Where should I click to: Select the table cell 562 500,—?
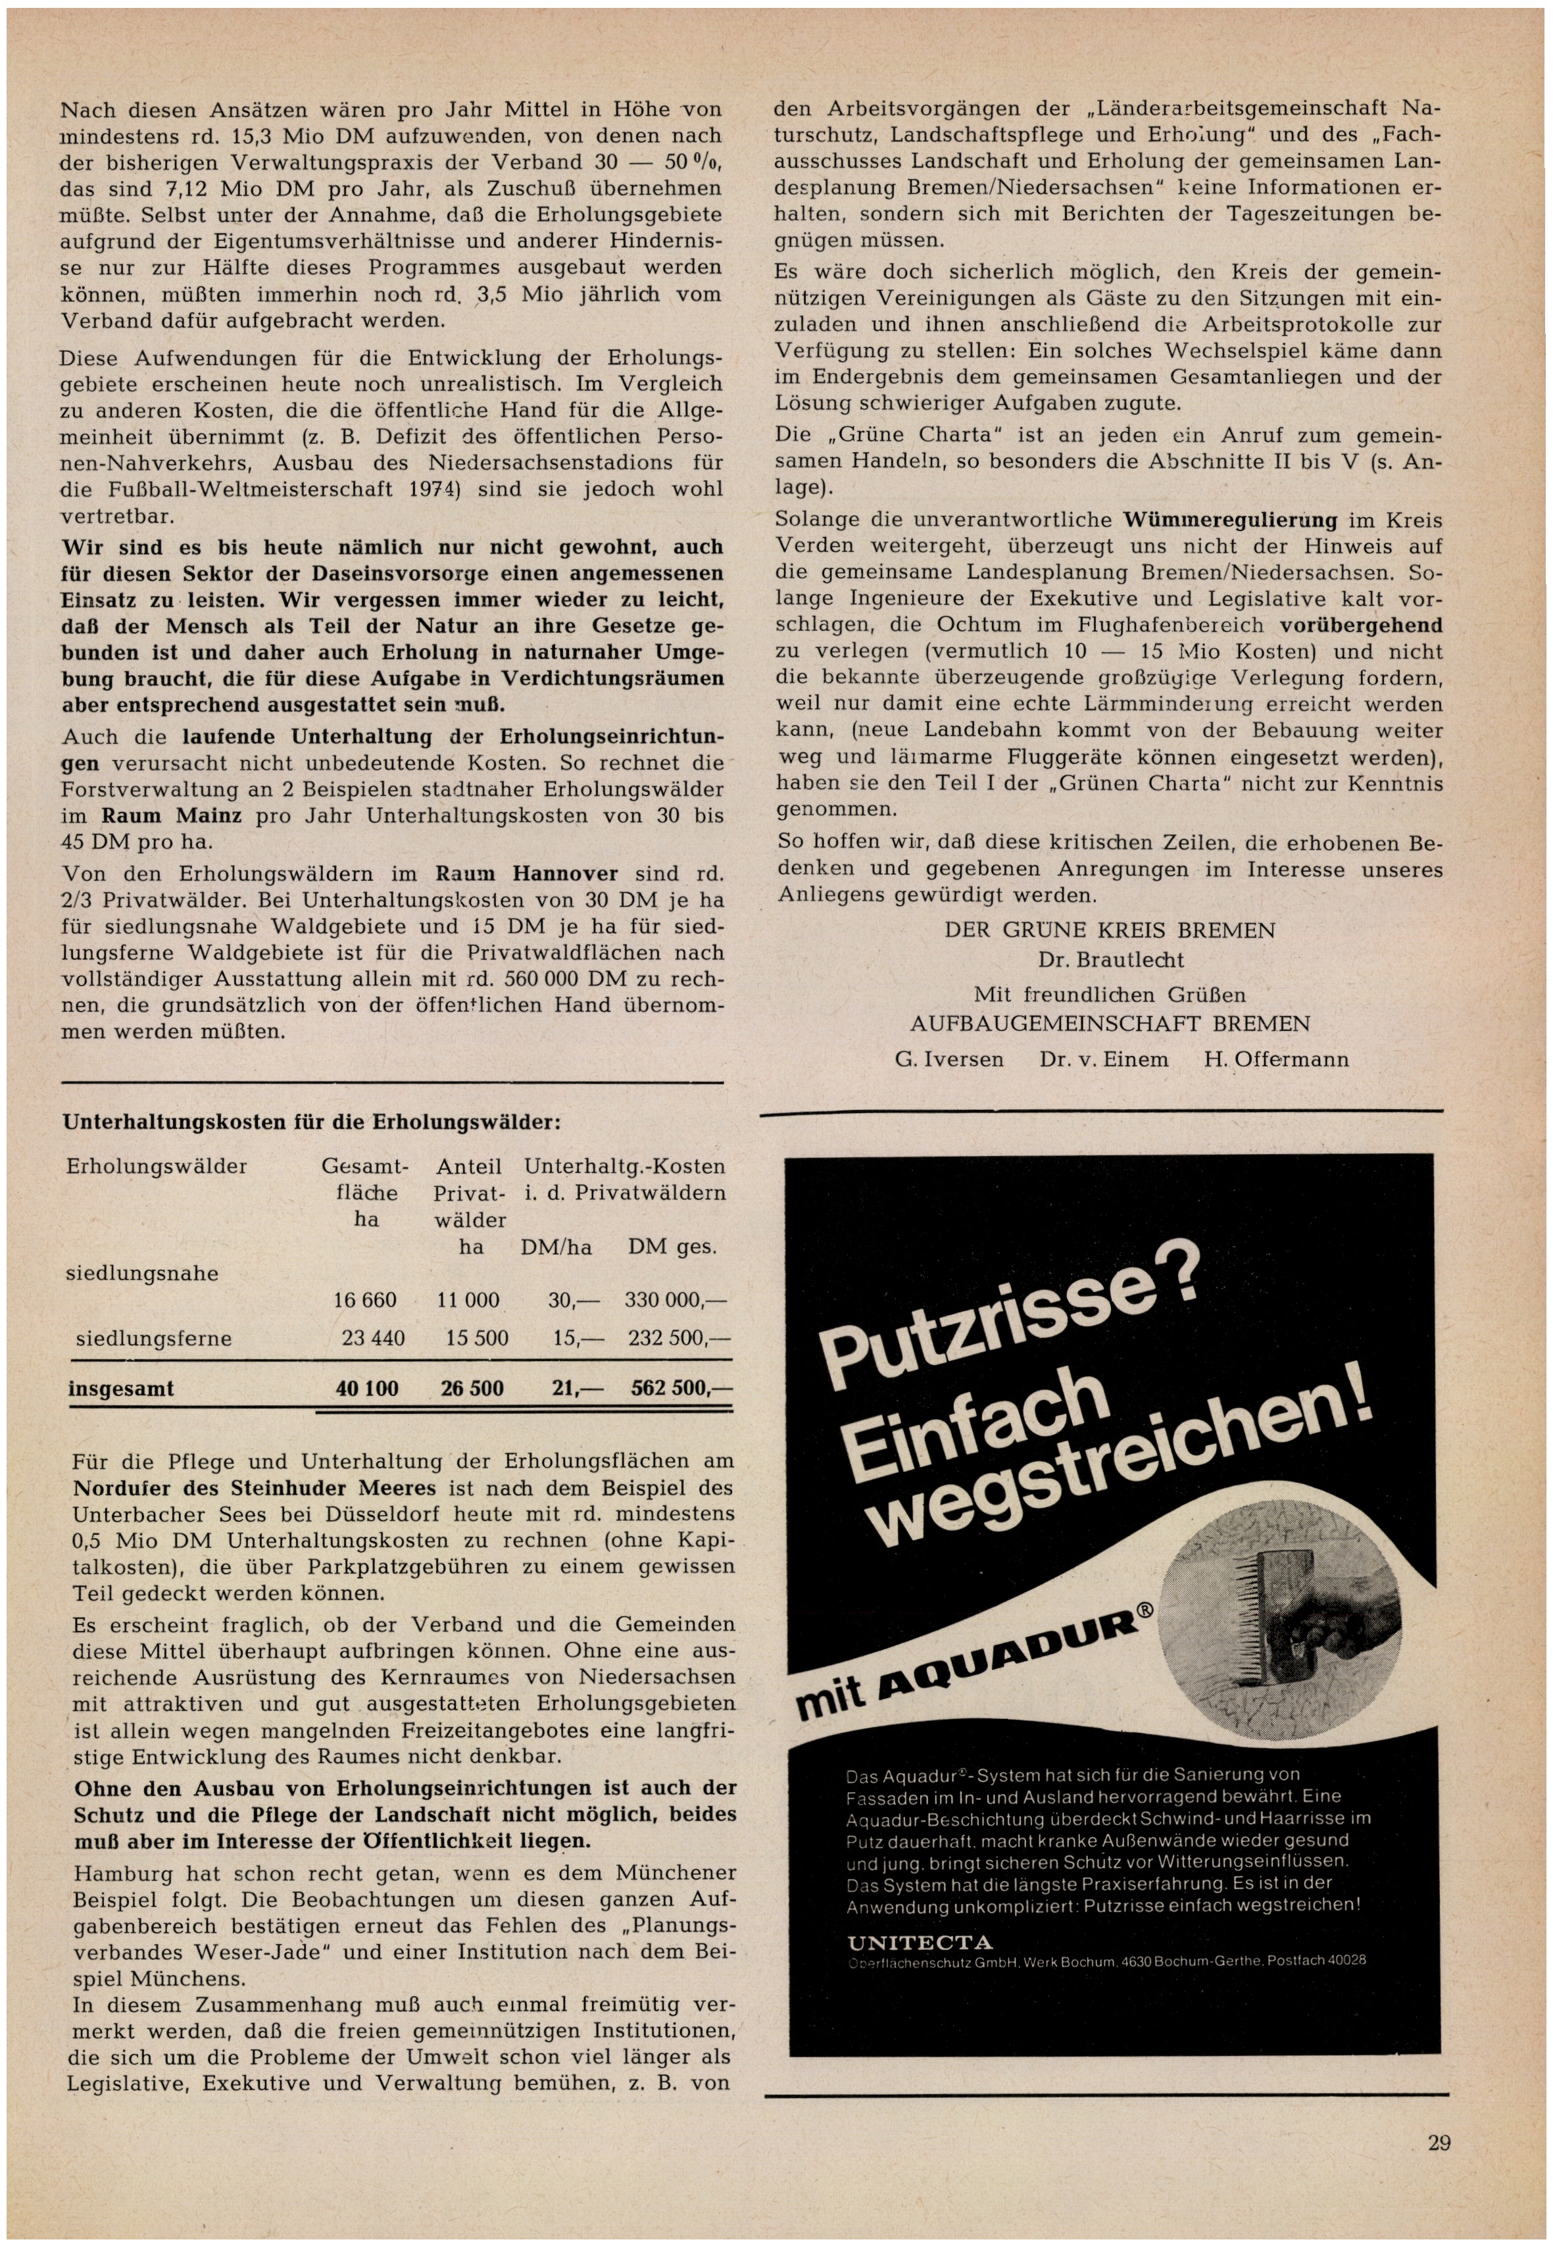pyautogui.click(x=680, y=1387)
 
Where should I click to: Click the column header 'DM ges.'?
pyautogui.click(x=672, y=1247)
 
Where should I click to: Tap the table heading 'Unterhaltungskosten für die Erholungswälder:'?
pyautogui.click(x=311, y=1122)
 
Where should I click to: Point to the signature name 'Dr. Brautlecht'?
pyautogui.click(x=1110, y=960)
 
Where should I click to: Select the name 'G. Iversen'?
pyautogui.click(x=949, y=1059)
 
